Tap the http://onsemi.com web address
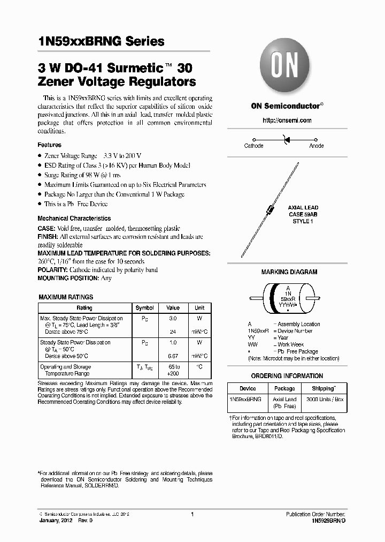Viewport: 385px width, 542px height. click(287, 121)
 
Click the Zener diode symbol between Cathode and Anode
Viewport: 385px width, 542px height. click(286, 139)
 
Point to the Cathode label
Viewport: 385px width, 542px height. click(253, 146)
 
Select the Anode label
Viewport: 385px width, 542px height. click(317, 146)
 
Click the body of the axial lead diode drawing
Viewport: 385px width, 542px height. click(271, 209)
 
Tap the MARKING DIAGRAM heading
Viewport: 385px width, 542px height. click(289, 272)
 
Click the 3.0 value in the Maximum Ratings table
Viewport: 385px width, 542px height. click(173, 318)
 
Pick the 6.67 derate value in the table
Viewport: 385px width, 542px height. click(173, 356)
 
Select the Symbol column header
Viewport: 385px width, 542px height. click(144, 308)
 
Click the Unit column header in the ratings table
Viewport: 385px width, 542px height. click(199, 308)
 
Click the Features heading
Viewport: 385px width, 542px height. click(49, 145)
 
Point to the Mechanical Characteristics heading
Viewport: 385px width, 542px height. click(74, 219)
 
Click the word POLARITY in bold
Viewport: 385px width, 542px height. click(52, 270)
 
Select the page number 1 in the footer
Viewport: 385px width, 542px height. click(192, 514)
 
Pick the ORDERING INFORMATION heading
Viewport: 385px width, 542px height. click(287, 376)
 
